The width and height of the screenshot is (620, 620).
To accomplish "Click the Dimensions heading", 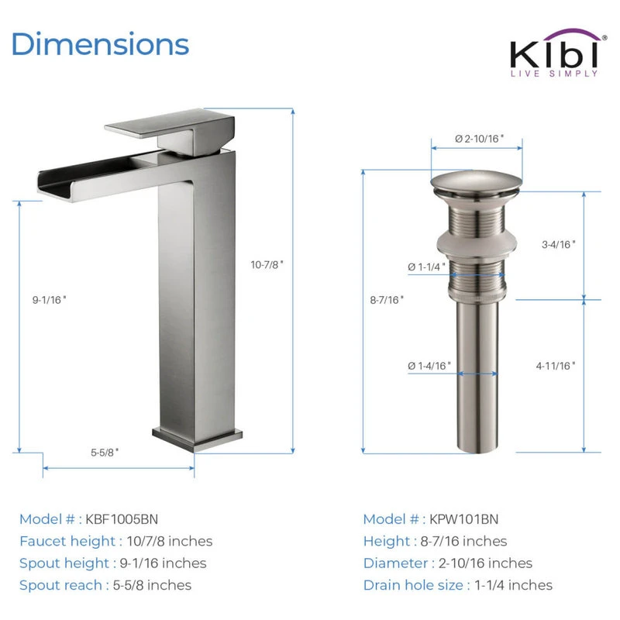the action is (x=101, y=44).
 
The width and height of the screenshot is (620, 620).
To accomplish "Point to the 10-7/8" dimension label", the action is (x=267, y=264).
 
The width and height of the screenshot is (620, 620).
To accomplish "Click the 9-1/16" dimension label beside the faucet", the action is (x=50, y=300).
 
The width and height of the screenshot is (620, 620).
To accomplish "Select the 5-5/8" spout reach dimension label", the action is (x=105, y=452).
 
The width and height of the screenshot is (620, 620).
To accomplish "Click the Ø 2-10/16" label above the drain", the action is (x=479, y=139).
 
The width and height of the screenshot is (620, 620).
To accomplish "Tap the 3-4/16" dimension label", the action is (x=558, y=244).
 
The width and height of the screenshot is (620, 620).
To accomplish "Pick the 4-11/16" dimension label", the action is (x=556, y=366).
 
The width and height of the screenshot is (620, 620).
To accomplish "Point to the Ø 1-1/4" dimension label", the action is (x=427, y=267).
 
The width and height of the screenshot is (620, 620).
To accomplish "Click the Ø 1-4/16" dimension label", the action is (x=429, y=366).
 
